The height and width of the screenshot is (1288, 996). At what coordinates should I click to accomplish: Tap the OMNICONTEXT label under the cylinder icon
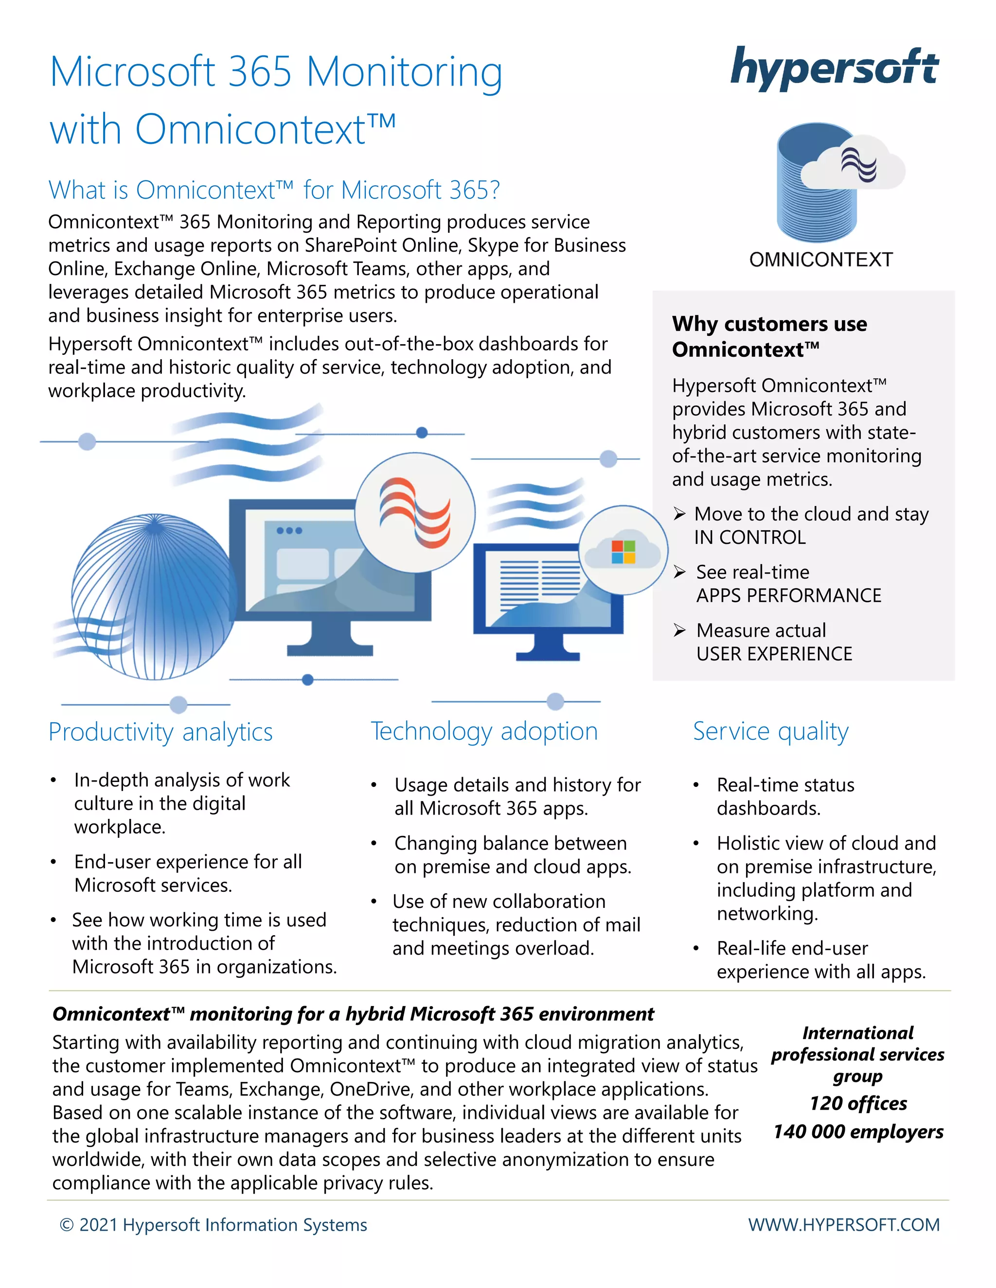click(821, 260)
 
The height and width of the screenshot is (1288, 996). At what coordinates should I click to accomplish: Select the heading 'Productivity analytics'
click(160, 732)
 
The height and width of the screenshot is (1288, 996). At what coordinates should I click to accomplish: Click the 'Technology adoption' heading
click(484, 731)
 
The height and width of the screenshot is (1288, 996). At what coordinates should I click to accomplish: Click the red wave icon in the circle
click(415, 512)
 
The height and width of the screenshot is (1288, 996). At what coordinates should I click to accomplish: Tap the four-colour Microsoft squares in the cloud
click(623, 552)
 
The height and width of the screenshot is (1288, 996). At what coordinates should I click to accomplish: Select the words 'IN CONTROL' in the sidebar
click(750, 537)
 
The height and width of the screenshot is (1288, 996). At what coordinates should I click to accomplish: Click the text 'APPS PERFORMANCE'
click(788, 596)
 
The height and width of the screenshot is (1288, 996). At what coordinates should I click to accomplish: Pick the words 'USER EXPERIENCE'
click(774, 654)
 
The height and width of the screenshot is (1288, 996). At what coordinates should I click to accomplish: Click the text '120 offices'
click(858, 1103)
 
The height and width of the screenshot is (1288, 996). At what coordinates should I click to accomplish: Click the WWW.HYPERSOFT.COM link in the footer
click(844, 1225)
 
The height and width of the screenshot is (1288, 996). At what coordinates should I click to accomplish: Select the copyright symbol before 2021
click(67, 1225)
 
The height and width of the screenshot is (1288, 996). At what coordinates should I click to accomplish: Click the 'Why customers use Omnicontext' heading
click(769, 336)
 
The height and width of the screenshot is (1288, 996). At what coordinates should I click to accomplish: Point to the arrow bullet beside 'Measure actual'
click(680, 630)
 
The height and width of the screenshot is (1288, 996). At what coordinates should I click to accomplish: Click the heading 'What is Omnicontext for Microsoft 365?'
click(274, 190)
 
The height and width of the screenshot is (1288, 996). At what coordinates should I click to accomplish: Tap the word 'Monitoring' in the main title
click(404, 72)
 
